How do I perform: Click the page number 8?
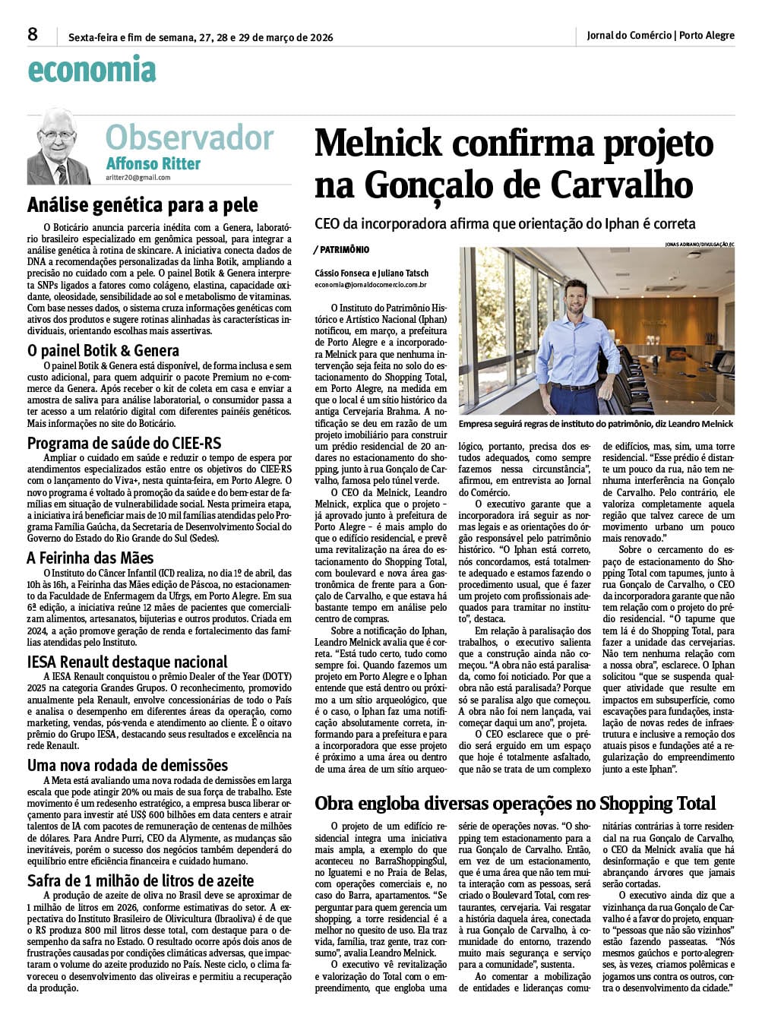(x=33, y=34)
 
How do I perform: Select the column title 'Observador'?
(x=189, y=138)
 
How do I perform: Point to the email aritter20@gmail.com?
(x=138, y=178)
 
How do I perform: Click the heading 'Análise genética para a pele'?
(x=143, y=205)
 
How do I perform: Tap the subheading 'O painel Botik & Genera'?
(x=103, y=350)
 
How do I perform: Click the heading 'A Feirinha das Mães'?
(x=90, y=558)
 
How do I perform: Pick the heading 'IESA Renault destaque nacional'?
(x=128, y=662)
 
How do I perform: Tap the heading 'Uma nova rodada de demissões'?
(x=128, y=765)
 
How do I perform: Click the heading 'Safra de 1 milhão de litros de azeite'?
(x=141, y=880)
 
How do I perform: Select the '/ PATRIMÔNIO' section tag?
(x=341, y=249)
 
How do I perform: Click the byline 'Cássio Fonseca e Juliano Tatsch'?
(x=372, y=273)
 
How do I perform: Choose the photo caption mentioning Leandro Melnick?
(x=596, y=424)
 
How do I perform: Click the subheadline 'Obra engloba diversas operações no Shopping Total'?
(x=515, y=803)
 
